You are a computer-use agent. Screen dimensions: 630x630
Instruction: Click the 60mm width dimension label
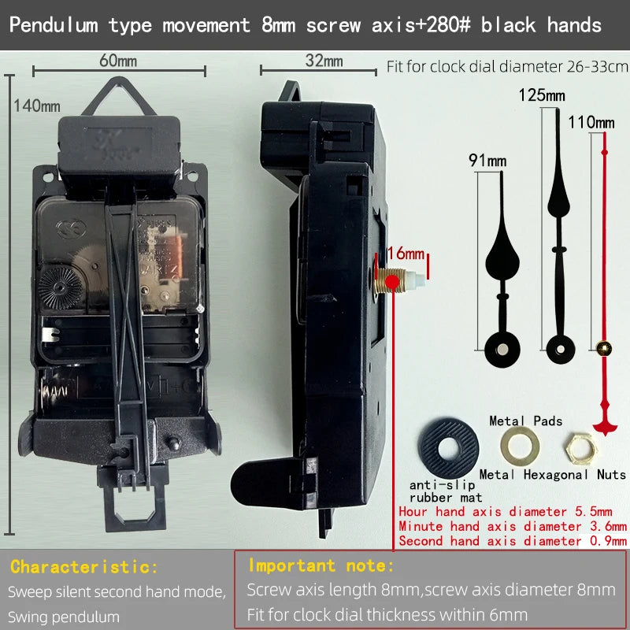pos(118,61)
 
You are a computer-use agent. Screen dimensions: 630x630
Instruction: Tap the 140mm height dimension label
pos(37,106)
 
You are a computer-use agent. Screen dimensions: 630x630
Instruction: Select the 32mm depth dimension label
pos(324,61)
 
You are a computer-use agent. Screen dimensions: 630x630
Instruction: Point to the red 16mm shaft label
pos(406,254)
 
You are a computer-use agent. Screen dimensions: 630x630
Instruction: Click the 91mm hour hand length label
pos(487,161)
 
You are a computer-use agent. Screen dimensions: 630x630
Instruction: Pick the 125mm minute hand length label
pos(542,95)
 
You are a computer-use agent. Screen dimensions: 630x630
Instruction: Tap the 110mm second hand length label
pos(591,122)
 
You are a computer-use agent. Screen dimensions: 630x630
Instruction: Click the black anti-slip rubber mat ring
pos(448,447)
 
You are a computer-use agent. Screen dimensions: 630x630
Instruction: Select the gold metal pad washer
pos(520,446)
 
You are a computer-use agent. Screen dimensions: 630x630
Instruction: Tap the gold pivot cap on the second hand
pos(603,348)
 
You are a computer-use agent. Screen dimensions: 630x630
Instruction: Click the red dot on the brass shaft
pos(391,282)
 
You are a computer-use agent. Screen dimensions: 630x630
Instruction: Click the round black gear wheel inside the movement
pos(61,287)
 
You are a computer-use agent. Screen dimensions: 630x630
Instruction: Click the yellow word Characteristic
pos(84,567)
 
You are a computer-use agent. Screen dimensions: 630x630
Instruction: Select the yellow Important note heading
pos(321,565)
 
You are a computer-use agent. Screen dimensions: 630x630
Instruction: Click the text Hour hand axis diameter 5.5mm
pos(506,511)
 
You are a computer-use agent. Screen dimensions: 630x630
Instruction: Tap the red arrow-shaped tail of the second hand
pos(605,420)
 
